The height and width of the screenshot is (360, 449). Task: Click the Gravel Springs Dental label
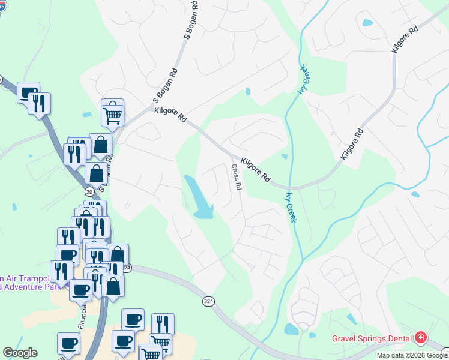(x=372, y=338)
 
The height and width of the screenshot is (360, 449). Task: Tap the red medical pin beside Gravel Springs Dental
(x=420, y=338)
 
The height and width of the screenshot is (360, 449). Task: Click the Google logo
(x=20, y=353)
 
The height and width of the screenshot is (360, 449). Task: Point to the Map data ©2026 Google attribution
(x=412, y=355)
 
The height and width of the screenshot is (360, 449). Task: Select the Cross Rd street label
(x=237, y=178)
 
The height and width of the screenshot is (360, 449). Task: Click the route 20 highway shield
(x=89, y=191)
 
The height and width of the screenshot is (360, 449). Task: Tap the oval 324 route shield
(x=208, y=301)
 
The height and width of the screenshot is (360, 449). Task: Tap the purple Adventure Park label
(x=26, y=286)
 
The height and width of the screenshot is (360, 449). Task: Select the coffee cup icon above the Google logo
(x=68, y=344)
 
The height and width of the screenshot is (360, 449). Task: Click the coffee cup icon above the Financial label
(x=80, y=290)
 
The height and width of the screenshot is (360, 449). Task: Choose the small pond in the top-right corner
(x=367, y=23)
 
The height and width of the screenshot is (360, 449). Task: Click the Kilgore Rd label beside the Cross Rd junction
(x=256, y=170)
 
